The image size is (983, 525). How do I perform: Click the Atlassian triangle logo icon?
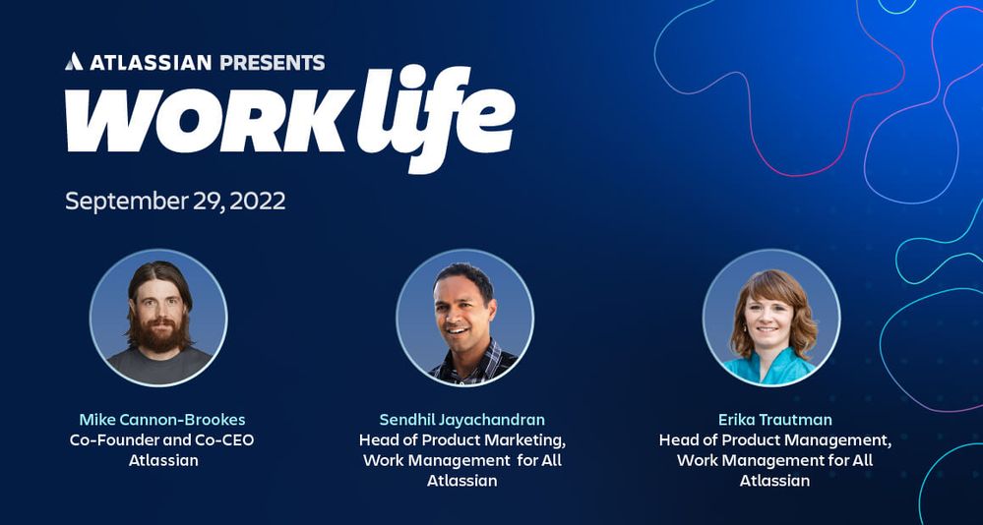tap(74, 61)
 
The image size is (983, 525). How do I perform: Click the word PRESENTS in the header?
tap(273, 62)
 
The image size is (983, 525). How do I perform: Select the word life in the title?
tap(436, 117)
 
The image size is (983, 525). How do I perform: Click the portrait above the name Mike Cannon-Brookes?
tap(158, 318)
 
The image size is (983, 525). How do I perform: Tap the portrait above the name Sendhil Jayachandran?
tap(465, 318)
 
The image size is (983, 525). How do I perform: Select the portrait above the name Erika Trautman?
tap(771, 318)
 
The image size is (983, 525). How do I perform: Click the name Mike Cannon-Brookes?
tap(161, 419)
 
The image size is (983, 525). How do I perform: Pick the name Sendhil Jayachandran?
tap(462, 419)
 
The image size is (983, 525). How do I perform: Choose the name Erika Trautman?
tap(774, 419)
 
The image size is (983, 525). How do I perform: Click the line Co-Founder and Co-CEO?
tap(161, 439)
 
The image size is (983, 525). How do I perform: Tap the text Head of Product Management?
tap(774, 440)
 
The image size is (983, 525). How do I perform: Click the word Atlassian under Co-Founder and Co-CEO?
tap(163, 460)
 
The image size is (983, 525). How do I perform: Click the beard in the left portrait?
tap(159, 335)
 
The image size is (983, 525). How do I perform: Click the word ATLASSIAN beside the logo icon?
tap(151, 62)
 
